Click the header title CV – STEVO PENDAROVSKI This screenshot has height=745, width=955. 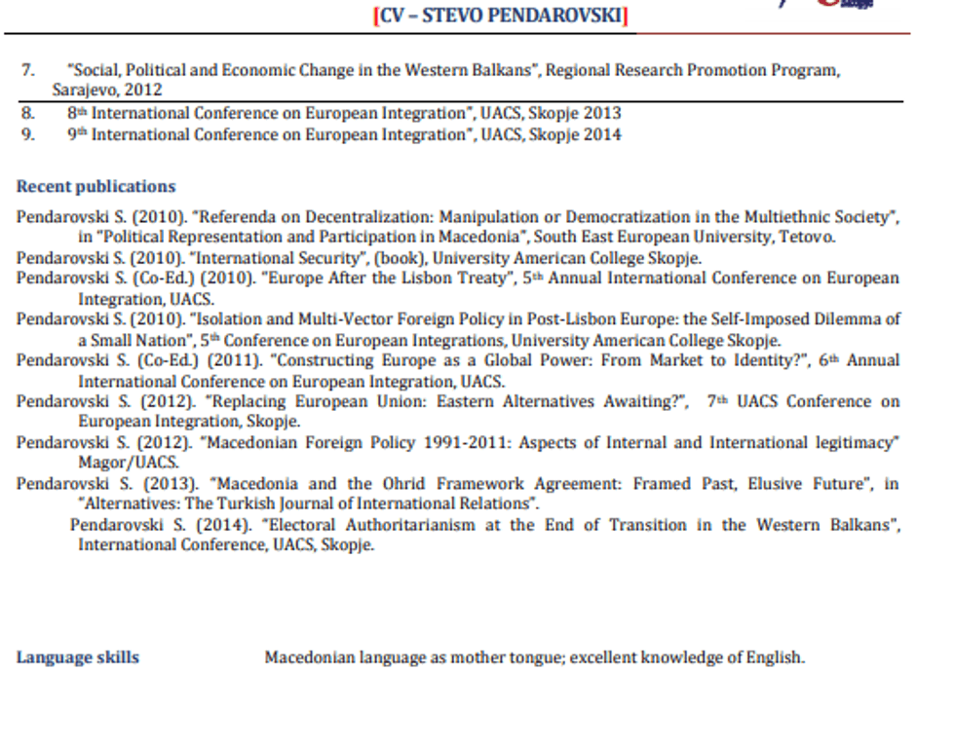[x=501, y=17]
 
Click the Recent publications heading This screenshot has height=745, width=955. [x=95, y=187]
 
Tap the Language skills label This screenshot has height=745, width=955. [x=77, y=657]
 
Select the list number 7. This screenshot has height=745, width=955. [x=28, y=70]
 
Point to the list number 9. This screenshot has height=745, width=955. [x=28, y=134]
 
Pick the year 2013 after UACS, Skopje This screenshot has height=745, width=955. [x=602, y=113]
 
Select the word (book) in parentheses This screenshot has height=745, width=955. [x=400, y=258]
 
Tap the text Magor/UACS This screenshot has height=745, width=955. [x=129, y=462]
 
